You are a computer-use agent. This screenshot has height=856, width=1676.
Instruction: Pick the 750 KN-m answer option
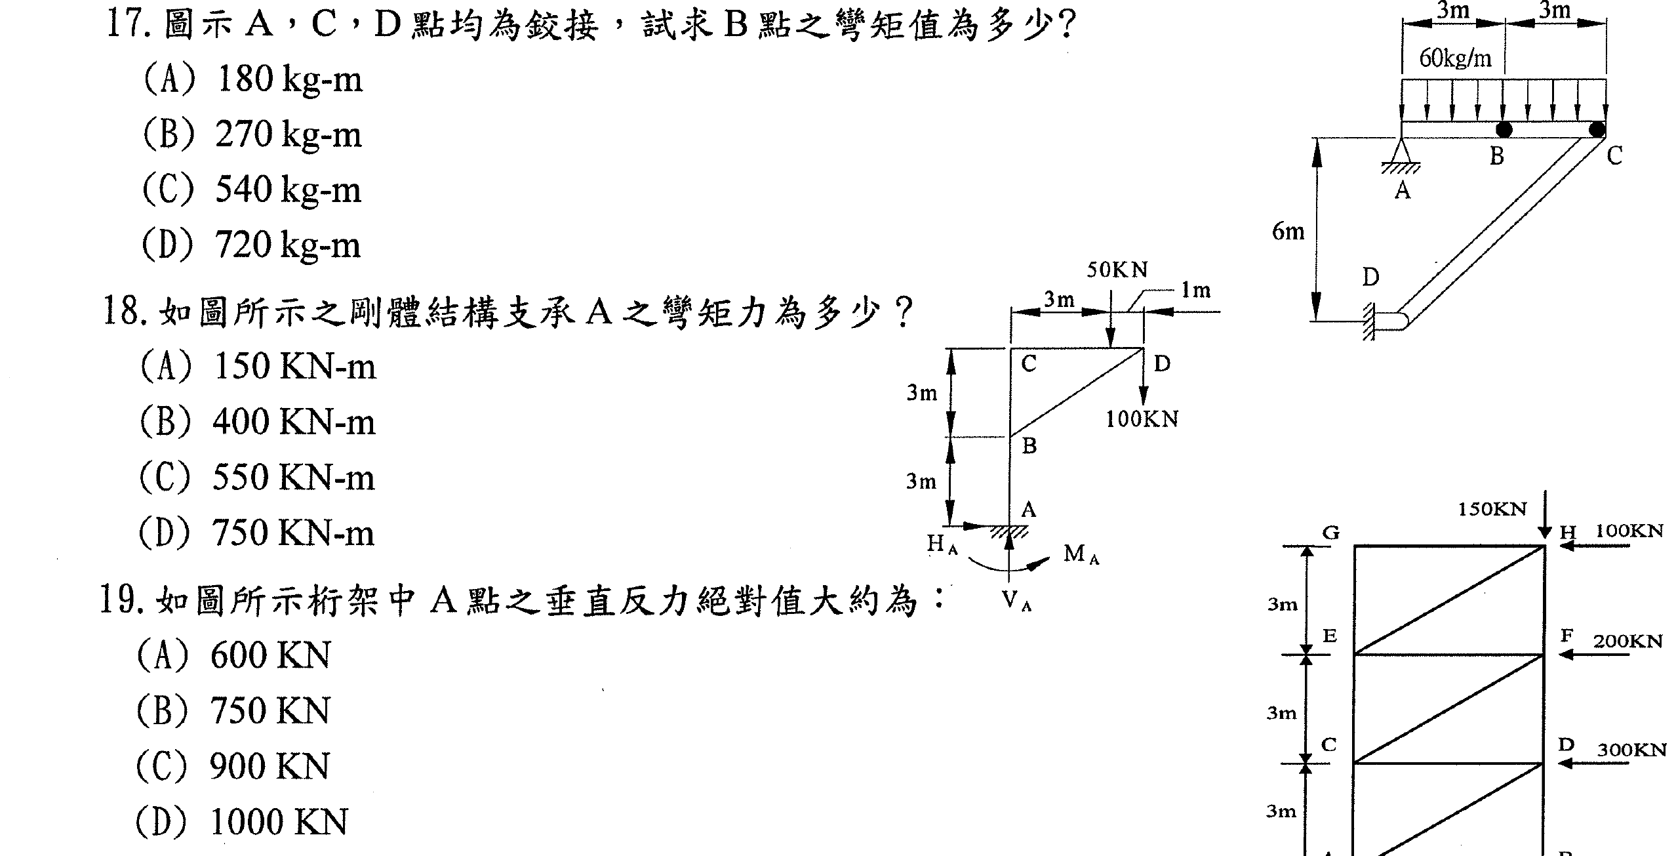256,533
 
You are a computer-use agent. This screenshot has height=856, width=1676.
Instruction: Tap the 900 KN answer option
233,766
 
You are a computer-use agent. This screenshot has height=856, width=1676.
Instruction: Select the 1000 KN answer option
242,822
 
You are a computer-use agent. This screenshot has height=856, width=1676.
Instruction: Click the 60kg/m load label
1455,59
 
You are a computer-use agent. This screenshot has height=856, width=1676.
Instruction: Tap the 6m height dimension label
1288,232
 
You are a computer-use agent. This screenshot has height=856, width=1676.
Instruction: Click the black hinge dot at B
1504,130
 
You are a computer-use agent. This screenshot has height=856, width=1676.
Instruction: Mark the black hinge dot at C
1597,130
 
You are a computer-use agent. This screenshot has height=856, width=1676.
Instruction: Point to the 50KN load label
1117,270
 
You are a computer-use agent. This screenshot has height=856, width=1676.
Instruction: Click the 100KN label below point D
1142,420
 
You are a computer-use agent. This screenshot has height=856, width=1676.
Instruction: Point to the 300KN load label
1631,750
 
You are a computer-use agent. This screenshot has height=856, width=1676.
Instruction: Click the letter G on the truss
1330,533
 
